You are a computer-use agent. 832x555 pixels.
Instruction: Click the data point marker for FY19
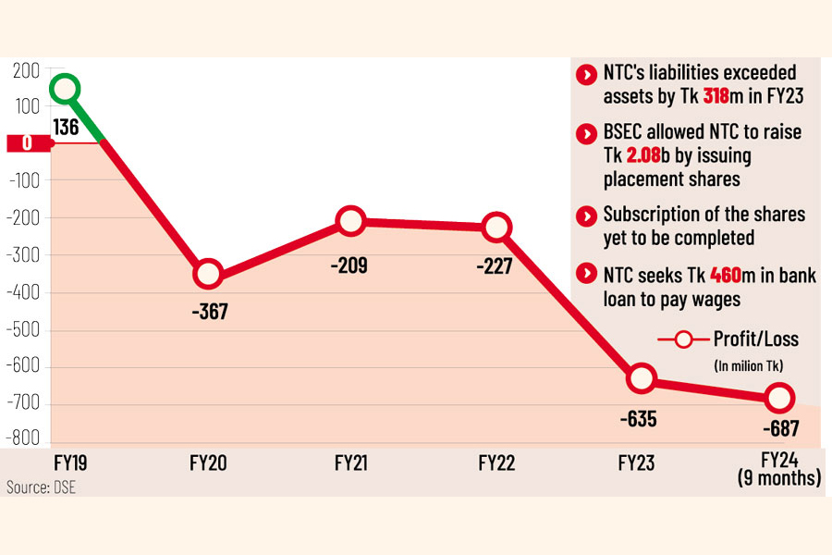click(65, 89)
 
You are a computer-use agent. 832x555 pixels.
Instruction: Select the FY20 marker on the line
click(208, 274)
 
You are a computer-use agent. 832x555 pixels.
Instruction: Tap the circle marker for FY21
click(350, 221)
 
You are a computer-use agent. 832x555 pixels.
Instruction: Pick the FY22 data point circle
click(497, 227)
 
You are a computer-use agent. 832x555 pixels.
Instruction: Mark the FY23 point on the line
click(641, 378)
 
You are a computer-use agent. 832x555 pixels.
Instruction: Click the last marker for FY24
click(778, 398)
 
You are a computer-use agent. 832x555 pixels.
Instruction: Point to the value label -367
click(209, 312)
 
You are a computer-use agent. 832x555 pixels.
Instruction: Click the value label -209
click(350, 266)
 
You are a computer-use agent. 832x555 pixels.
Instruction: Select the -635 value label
click(638, 419)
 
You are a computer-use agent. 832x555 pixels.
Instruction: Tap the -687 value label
click(780, 428)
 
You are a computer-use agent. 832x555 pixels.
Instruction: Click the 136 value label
click(66, 128)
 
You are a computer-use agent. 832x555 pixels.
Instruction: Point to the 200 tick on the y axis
click(25, 71)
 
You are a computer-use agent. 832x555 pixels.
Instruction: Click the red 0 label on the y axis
click(26, 143)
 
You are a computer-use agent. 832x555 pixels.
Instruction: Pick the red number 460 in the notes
click(728, 274)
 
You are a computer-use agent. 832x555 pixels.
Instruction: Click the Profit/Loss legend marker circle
click(684, 339)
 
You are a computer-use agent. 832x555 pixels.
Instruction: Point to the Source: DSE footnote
click(42, 487)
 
